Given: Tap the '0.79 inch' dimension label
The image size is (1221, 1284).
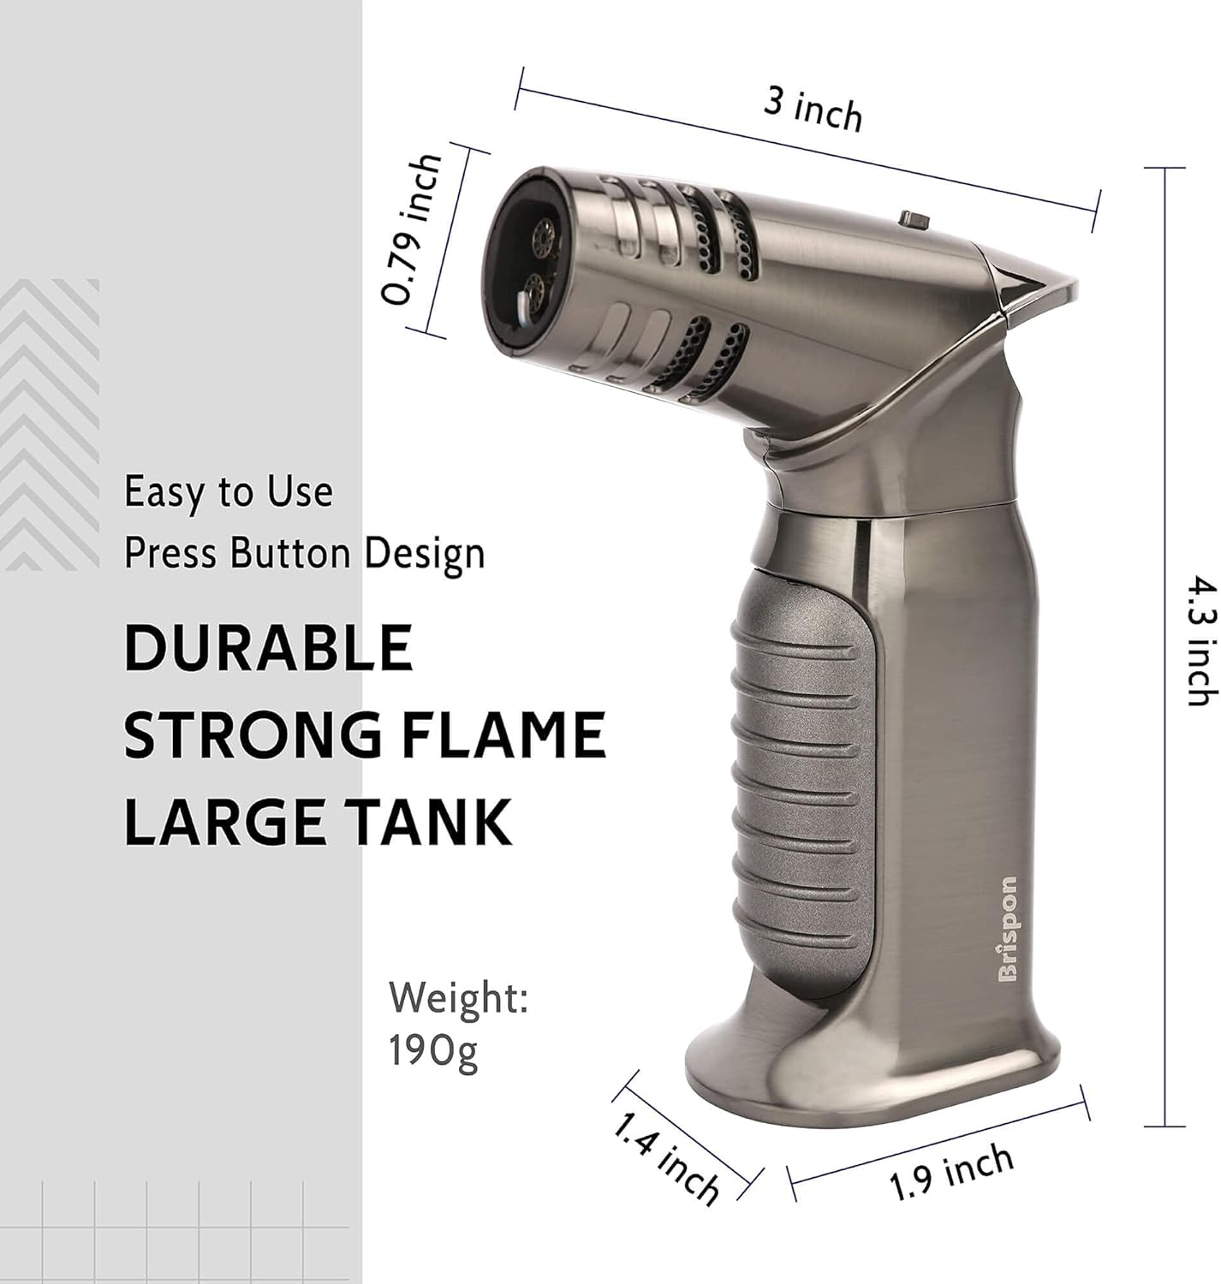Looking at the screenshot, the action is pyautogui.click(x=412, y=230).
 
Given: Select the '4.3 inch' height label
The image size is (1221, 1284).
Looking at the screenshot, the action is pyautogui.click(x=1201, y=640).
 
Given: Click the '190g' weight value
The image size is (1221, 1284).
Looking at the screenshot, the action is pyautogui.click(x=433, y=1051).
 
